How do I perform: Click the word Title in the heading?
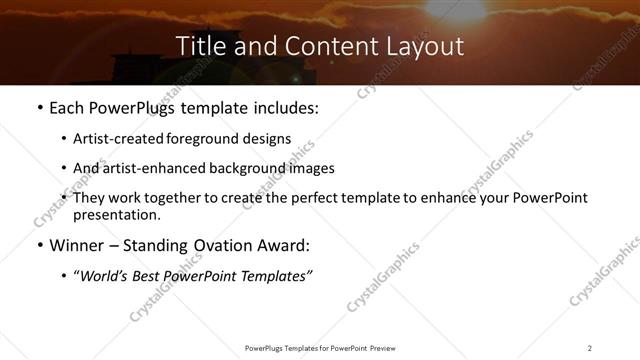[x=201, y=46]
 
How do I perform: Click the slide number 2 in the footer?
[x=589, y=347]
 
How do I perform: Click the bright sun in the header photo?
[x=455, y=8]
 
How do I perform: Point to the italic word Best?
[x=153, y=276]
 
